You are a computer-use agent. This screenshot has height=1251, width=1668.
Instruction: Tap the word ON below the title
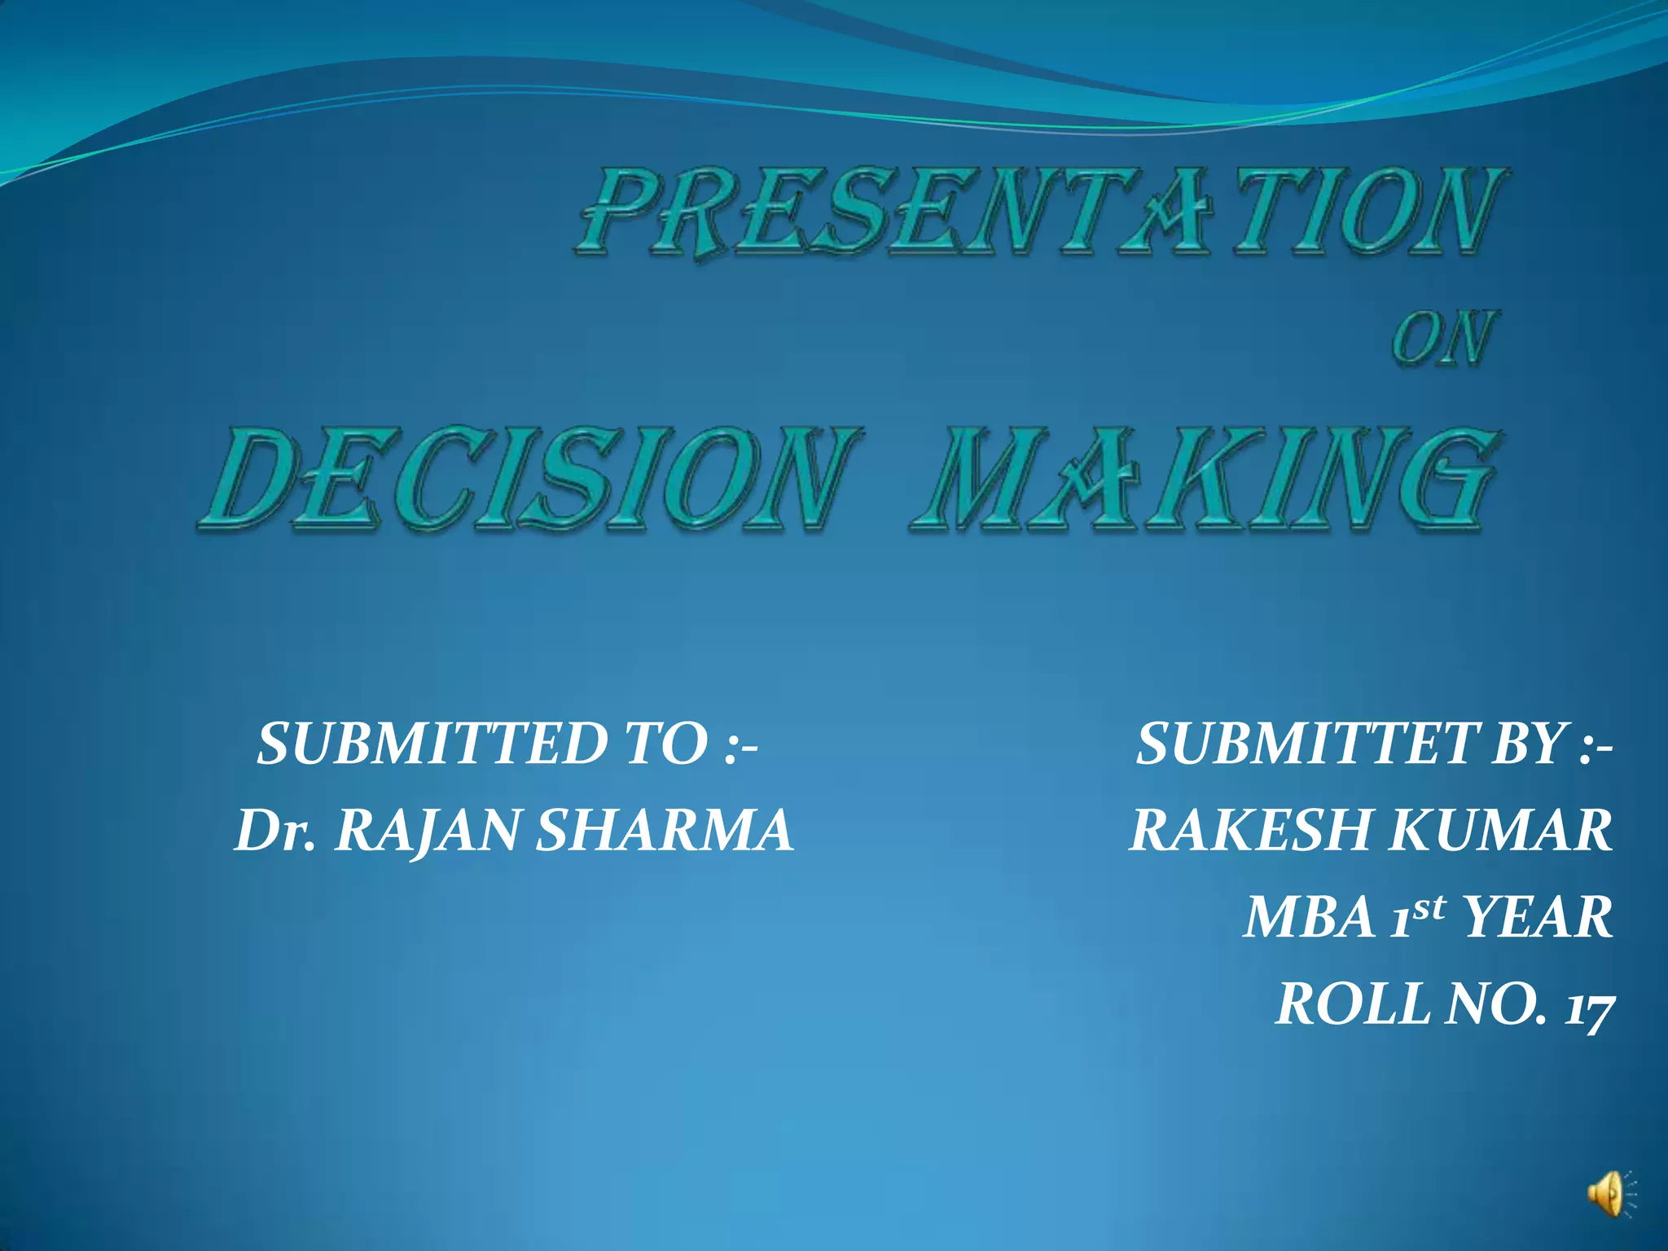point(1443,338)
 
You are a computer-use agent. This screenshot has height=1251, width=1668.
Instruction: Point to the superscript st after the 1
point(1428,906)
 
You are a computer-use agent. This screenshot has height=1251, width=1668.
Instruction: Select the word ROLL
point(1352,1003)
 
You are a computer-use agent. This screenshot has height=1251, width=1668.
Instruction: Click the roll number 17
point(1588,1005)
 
